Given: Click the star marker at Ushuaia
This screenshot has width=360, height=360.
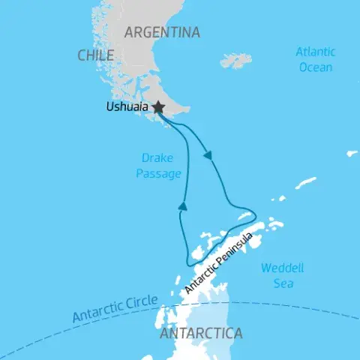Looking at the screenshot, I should coord(158,108).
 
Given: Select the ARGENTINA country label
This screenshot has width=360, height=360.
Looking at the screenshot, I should coord(162,32).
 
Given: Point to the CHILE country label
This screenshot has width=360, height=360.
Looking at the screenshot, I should coord(95,55).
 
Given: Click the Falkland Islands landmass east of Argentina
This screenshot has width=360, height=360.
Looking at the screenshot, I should coord(236,60).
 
